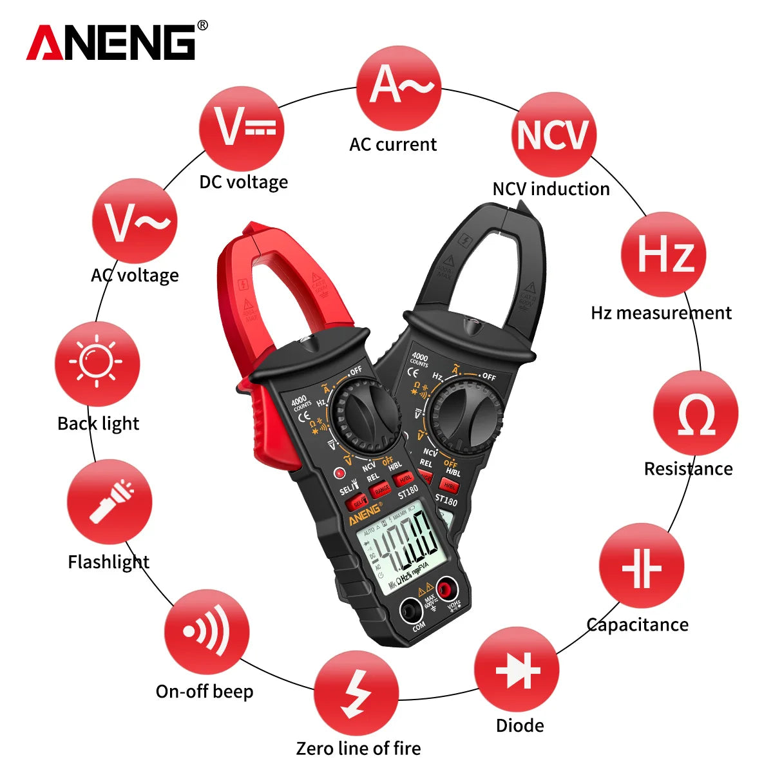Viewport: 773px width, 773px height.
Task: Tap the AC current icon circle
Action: point(399,88)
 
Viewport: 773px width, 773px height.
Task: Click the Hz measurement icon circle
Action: point(663,254)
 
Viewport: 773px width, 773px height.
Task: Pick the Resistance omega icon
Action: point(696,414)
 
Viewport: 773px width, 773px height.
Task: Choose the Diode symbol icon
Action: point(517,670)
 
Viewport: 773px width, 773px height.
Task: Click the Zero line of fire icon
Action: point(356,693)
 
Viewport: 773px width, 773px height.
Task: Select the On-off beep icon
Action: point(206,631)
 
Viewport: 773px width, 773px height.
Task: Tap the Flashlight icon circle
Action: point(110,502)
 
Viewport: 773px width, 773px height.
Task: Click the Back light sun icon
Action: point(97,363)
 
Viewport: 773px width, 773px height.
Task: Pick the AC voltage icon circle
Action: point(135,221)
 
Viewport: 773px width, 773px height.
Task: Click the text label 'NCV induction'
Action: point(551,189)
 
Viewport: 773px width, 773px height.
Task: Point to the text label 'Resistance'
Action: point(688,468)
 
